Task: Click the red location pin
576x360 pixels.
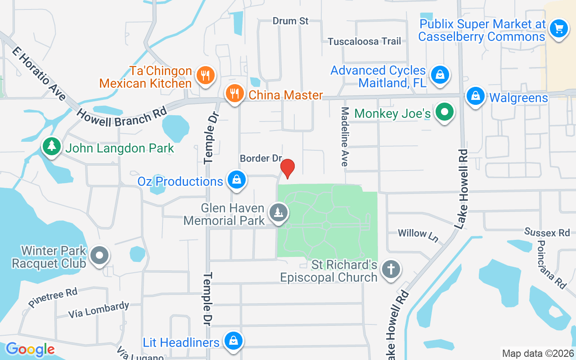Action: pyautogui.click(x=287, y=168)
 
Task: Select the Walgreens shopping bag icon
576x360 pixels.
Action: pyautogui.click(x=475, y=96)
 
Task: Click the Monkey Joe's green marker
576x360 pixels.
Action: pyautogui.click(x=445, y=112)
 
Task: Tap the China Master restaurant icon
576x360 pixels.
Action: pyautogui.click(x=234, y=94)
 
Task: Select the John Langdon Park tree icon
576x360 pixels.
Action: pyautogui.click(x=52, y=147)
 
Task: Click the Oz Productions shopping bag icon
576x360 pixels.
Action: pyautogui.click(x=236, y=180)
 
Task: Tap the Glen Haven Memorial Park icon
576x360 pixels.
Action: pyautogui.click(x=279, y=211)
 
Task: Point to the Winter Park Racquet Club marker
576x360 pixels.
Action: pyautogui.click(x=99, y=256)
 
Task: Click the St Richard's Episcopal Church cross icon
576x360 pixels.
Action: pyautogui.click(x=391, y=270)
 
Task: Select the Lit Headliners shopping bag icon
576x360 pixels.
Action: pyautogui.click(x=233, y=340)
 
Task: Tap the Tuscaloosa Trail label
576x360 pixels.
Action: pyautogui.click(x=364, y=41)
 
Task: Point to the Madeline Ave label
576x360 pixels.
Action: pyautogui.click(x=345, y=137)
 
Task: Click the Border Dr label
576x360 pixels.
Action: pyautogui.click(x=261, y=158)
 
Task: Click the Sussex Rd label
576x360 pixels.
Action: pyautogui.click(x=547, y=232)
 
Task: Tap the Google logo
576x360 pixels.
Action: pyautogui.click(x=30, y=349)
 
